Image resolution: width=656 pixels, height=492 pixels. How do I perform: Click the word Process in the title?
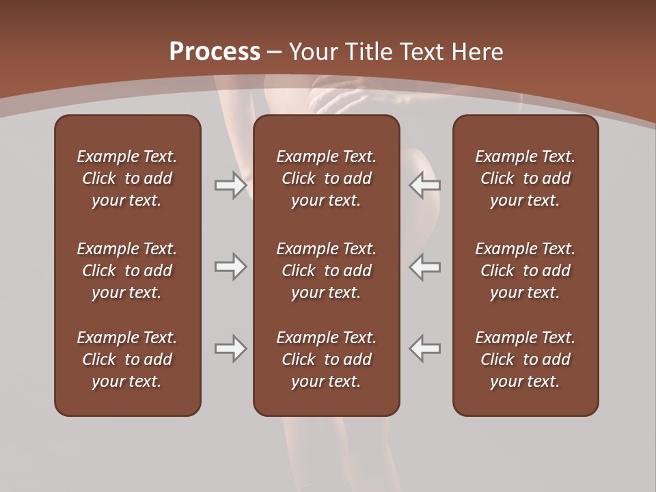click(215, 52)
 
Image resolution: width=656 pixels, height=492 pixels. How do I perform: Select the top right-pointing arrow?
click(230, 185)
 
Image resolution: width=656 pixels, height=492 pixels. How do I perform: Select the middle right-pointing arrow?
click(230, 266)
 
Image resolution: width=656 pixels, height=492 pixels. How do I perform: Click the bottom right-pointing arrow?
click(230, 348)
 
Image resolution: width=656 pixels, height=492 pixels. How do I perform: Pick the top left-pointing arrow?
click(425, 185)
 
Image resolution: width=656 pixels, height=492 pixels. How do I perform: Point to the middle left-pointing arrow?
click(425, 266)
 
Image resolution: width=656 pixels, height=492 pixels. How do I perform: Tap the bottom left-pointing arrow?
click(425, 348)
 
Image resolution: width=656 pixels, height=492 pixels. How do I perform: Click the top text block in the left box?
click(127, 178)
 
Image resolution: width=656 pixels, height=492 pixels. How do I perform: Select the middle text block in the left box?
click(127, 271)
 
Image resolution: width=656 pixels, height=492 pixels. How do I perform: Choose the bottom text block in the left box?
click(127, 359)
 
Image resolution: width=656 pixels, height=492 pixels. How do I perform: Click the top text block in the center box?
click(326, 178)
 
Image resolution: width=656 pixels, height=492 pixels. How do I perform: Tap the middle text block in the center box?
click(326, 271)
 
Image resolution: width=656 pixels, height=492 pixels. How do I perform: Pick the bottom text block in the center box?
click(326, 359)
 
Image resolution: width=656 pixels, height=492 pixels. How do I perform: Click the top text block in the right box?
click(525, 178)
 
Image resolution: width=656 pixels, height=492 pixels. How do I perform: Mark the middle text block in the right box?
click(525, 271)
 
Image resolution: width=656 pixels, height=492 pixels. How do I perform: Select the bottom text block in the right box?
click(525, 359)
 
